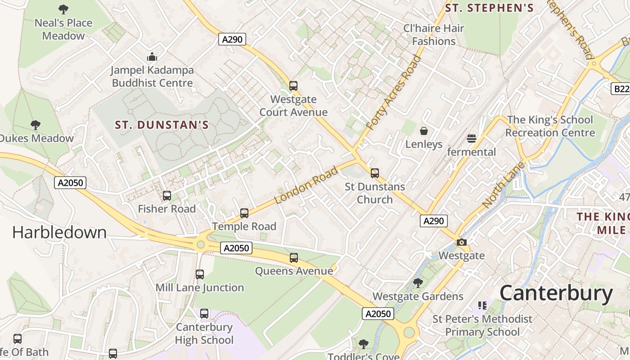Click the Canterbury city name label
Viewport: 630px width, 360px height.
click(x=556, y=293)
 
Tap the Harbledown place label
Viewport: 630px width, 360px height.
click(x=59, y=232)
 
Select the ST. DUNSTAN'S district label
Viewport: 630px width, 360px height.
click(x=162, y=125)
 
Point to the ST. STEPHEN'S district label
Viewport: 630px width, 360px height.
click(x=489, y=8)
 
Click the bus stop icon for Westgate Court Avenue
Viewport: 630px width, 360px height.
click(x=293, y=85)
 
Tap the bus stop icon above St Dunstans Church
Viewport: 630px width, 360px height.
click(x=374, y=173)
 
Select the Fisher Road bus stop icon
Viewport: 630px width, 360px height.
click(x=167, y=196)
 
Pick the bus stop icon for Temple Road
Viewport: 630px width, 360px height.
click(x=244, y=213)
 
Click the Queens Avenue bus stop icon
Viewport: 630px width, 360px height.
click(x=294, y=258)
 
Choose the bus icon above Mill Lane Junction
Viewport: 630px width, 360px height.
click(x=200, y=274)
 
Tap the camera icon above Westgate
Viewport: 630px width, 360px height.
click(x=461, y=243)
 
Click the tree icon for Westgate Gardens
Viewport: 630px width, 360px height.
click(x=418, y=283)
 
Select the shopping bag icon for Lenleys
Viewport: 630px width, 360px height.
click(x=423, y=131)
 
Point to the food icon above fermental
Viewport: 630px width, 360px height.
click(x=472, y=138)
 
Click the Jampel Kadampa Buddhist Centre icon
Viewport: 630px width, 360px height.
click(x=152, y=57)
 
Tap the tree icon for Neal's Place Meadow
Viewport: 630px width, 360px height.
click(x=63, y=9)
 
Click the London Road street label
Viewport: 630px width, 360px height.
click(x=306, y=185)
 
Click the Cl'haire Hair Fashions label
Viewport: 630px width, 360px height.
click(x=434, y=35)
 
